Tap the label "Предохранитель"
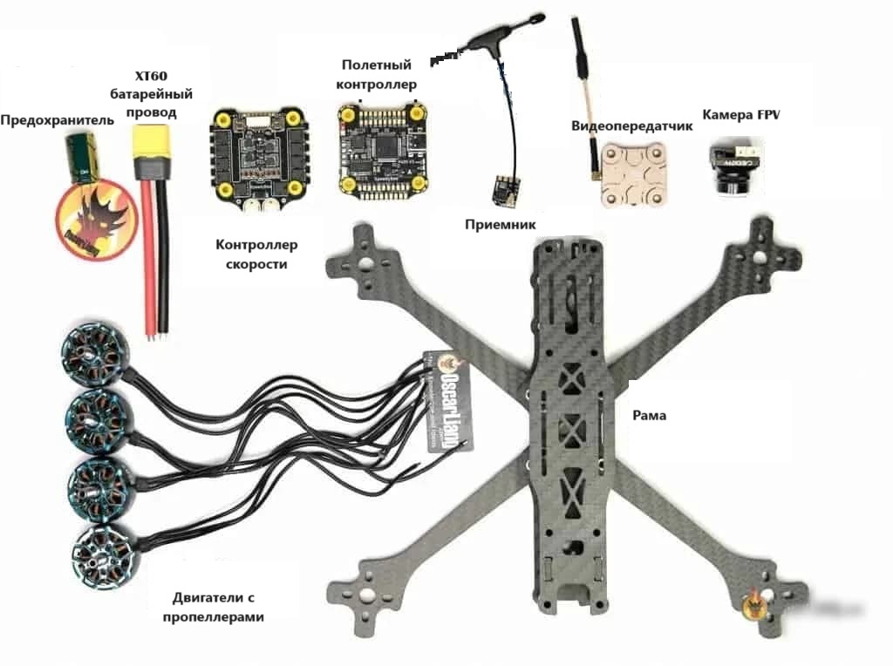[57, 119]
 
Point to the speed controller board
[249, 156]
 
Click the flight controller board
[382, 146]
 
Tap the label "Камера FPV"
[740, 115]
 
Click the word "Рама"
[649, 416]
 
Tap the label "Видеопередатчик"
[631, 126]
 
